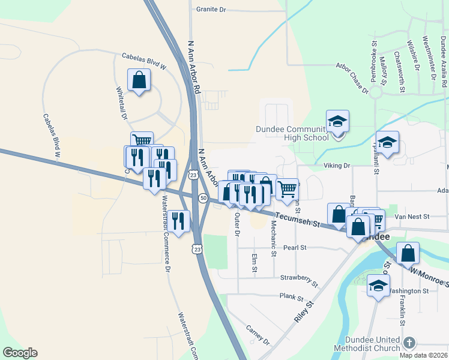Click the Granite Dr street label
click(211, 10)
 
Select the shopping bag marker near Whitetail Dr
click(139, 80)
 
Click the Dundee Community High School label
click(292, 133)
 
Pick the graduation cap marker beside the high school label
click(338, 121)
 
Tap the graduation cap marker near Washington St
click(378, 286)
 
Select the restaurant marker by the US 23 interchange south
click(178, 220)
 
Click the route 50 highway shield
click(203, 198)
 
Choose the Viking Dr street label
click(337, 165)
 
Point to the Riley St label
click(305, 313)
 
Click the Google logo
click(20, 353)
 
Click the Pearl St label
click(295, 247)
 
